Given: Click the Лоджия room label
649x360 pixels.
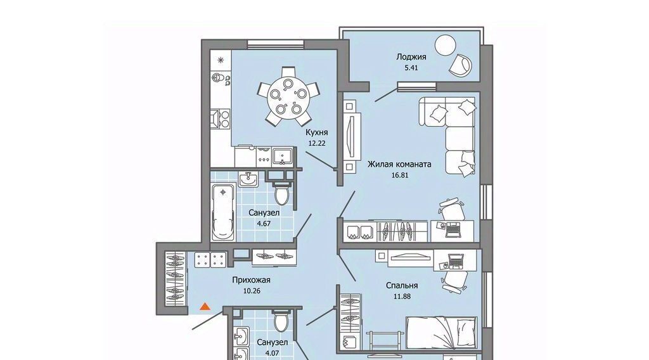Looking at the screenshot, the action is pyautogui.click(x=411, y=56).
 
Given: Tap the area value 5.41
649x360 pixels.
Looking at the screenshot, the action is pyautogui.click(x=411, y=67).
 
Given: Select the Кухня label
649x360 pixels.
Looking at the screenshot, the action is pyautogui.click(x=317, y=132).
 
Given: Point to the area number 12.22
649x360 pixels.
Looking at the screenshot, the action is pyautogui.click(x=317, y=143).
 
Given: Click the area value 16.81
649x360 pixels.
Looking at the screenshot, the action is pyautogui.click(x=399, y=175).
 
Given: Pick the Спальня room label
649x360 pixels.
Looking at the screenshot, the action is pyautogui.click(x=401, y=285).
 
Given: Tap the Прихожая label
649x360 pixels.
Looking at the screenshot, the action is pyautogui.click(x=251, y=280).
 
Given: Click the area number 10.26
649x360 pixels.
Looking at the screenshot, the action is pyautogui.click(x=251, y=290).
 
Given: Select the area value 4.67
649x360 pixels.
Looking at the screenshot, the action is pyautogui.click(x=264, y=224).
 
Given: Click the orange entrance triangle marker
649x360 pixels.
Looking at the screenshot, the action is pyautogui.click(x=205, y=307).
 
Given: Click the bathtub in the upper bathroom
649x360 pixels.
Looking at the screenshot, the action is pyautogui.click(x=223, y=212).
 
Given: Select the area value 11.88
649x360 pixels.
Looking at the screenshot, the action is pyautogui.click(x=402, y=296).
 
